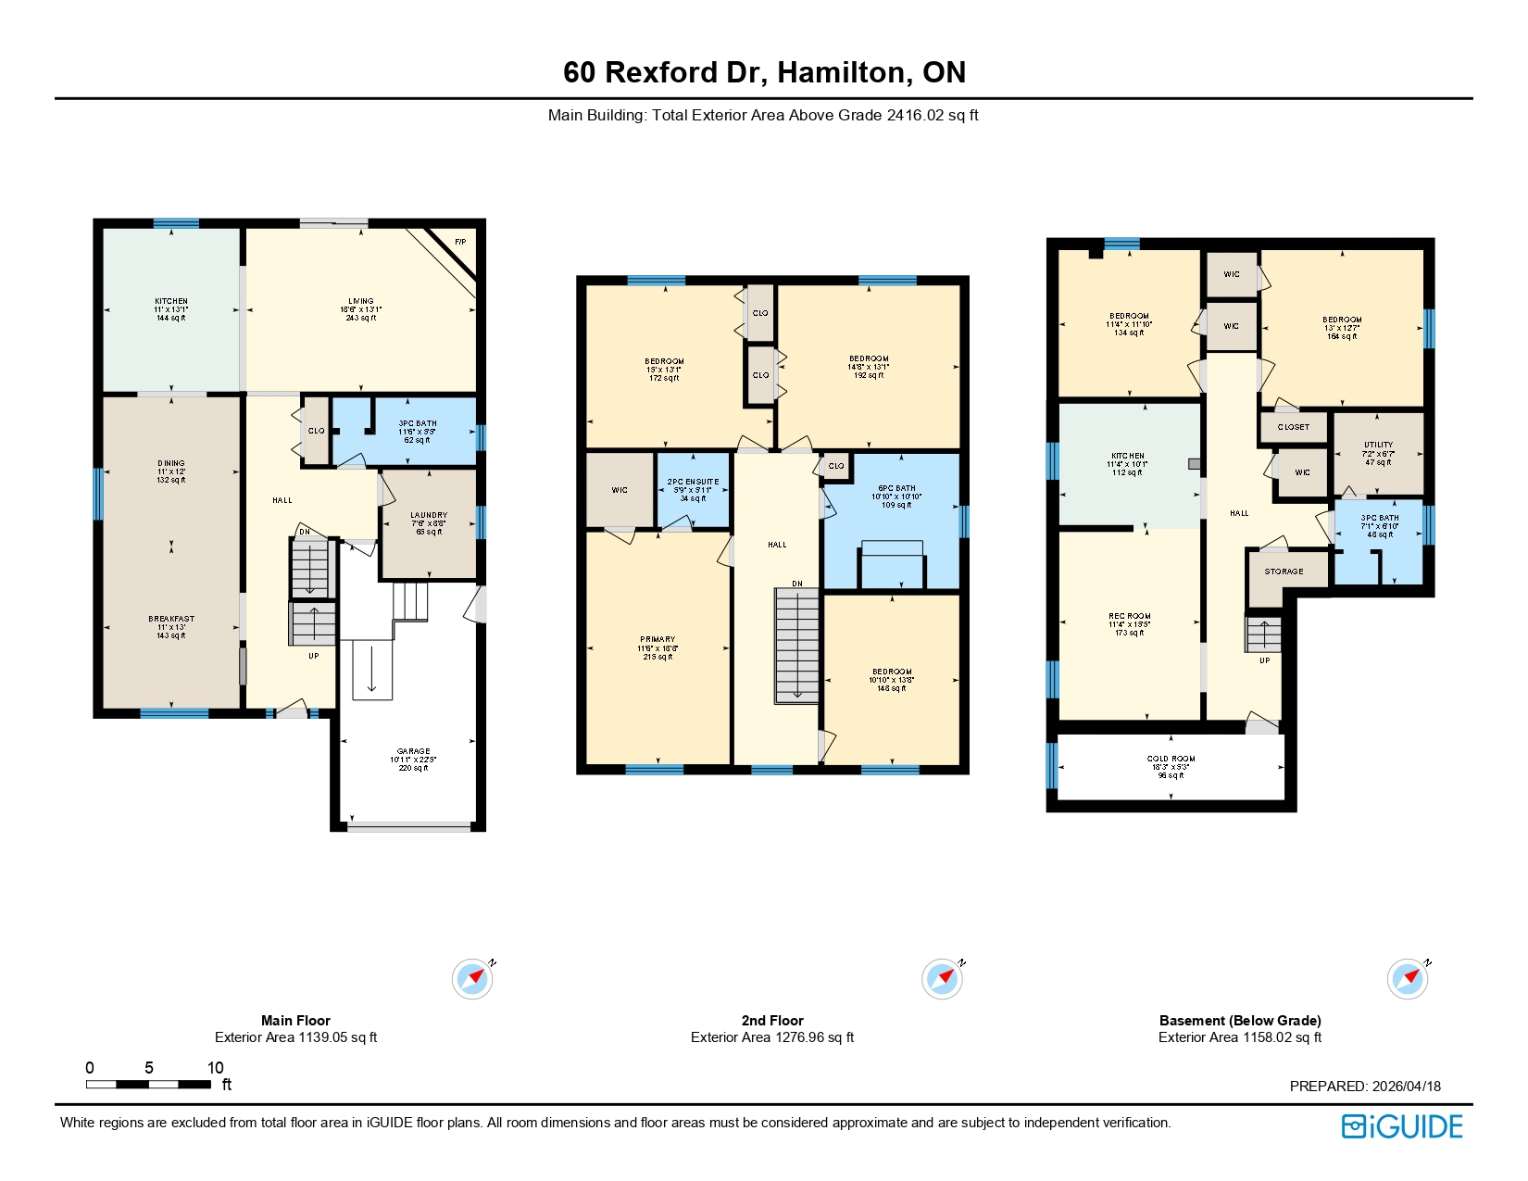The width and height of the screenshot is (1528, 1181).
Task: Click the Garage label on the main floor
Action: (413, 752)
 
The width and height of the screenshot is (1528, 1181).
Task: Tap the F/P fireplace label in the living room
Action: (460, 243)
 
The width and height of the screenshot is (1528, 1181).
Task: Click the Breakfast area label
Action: (171, 620)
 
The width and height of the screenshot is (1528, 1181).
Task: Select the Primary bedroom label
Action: (658, 640)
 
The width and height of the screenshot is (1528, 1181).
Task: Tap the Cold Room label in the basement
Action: (1171, 760)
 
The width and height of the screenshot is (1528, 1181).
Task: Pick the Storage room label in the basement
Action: (1284, 572)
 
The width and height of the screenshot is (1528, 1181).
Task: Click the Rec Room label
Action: (1129, 617)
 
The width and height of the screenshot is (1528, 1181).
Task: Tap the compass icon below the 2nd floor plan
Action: (942, 979)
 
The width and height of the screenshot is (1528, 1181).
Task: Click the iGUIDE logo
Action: (1401, 1126)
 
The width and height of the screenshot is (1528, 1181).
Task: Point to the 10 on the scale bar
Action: (215, 1068)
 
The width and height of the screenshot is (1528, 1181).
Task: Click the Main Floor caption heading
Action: (295, 1021)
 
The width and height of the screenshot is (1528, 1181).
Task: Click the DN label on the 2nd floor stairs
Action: (797, 584)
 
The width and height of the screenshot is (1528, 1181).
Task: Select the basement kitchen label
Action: (1128, 457)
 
